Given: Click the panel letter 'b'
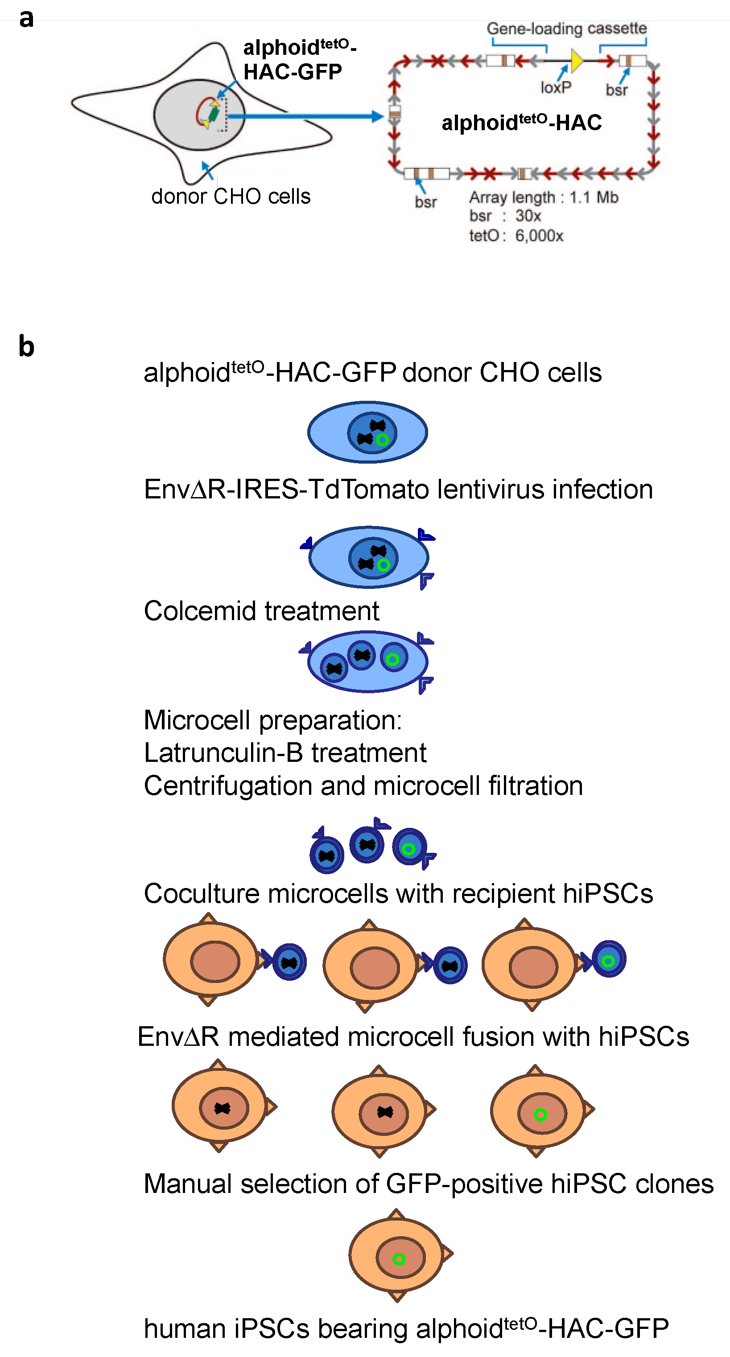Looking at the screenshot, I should (x=26, y=347).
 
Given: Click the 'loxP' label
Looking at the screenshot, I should (x=556, y=87).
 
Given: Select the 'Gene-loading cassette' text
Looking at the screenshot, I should (x=567, y=29).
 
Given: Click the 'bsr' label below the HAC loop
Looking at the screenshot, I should (x=425, y=202).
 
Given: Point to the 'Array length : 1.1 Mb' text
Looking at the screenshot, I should (x=544, y=197).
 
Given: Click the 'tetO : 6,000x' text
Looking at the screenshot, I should (x=516, y=235).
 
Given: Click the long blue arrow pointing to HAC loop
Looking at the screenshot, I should (x=306, y=116).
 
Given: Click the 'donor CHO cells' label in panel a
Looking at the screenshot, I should (x=231, y=197).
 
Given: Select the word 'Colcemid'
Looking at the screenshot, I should (x=201, y=611).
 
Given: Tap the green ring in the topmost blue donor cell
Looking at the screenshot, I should (x=383, y=440).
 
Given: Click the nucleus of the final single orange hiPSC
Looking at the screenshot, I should (x=400, y=1258).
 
